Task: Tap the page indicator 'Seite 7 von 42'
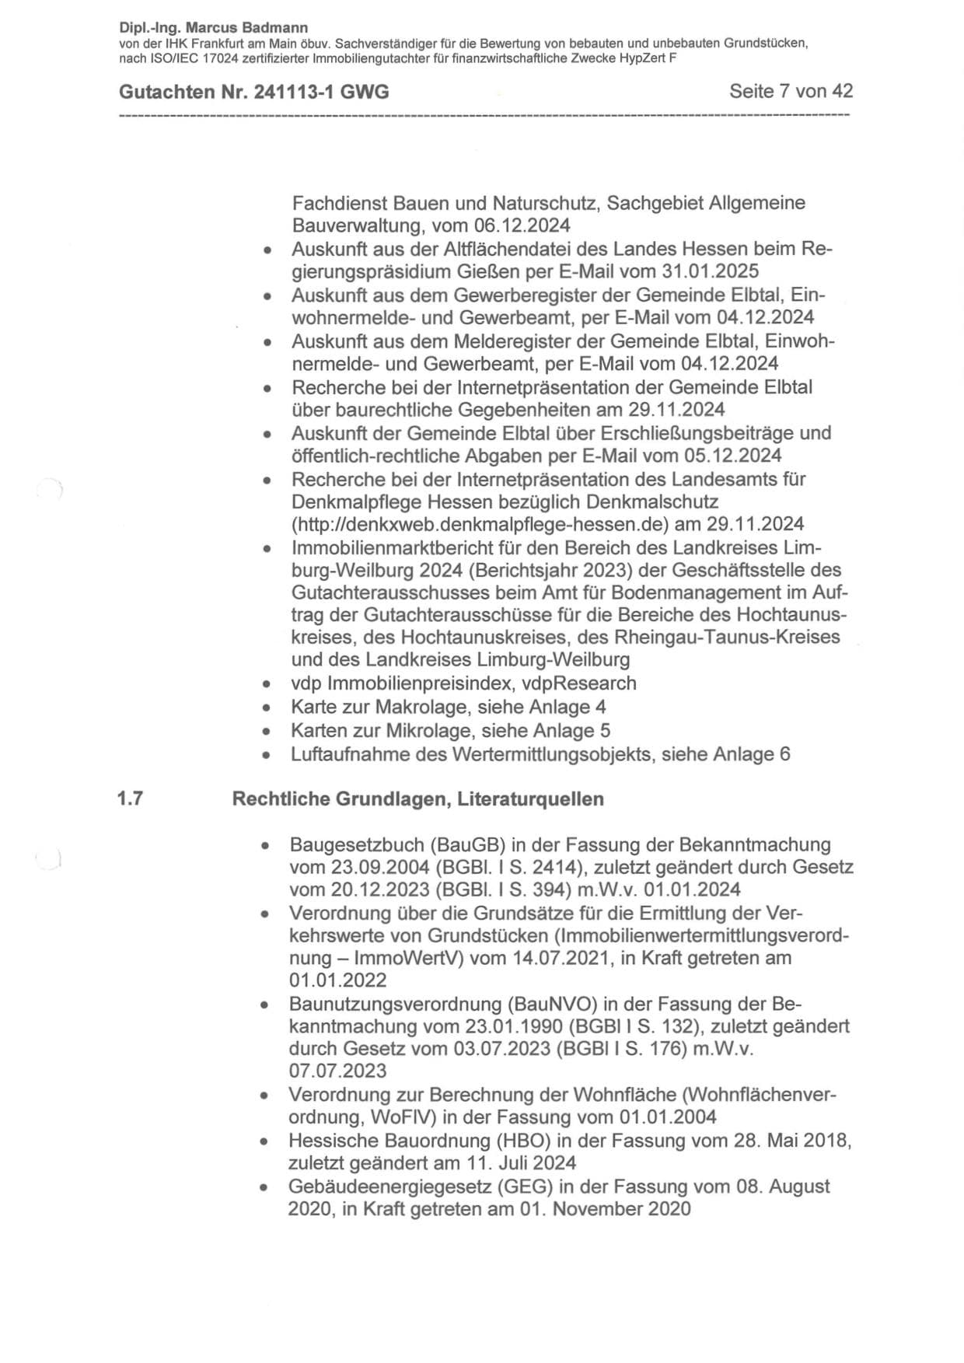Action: click(791, 91)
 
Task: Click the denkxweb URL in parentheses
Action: click(480, 523)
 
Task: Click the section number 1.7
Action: click(130, 799)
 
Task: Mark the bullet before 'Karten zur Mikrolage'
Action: click(267, 731)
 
